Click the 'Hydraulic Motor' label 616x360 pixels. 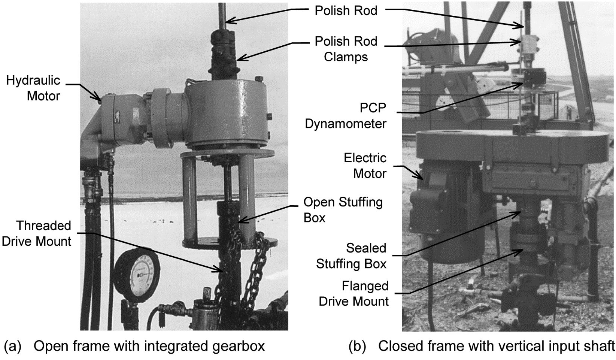point(33,88)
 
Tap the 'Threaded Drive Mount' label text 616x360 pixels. point(36,233)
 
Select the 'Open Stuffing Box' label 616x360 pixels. point(343,210)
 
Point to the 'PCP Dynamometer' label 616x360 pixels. point(345,116)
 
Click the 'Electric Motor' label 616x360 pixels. point(365,166)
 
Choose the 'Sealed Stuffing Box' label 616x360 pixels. point(351,256)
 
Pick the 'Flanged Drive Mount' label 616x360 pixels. point(353,294)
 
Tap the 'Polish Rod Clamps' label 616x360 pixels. point(345,49)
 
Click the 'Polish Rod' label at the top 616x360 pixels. point(345,10)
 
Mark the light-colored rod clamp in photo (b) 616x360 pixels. point(529,45)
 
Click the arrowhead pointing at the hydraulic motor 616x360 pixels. point(98,100)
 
